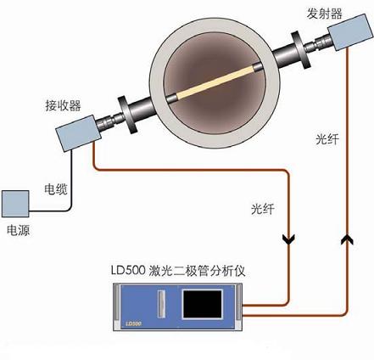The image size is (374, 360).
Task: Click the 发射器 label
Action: [x=324, y=14]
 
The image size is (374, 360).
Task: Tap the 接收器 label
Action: [x=64, y=105]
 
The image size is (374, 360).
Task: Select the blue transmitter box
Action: [x=350, y=32]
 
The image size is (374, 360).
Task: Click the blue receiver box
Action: [x=78, y=132]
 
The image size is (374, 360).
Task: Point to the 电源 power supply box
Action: [x=15, y=204]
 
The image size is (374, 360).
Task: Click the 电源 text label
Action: [x=19, y=230]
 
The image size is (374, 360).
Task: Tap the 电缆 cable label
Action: [x=56, y=188]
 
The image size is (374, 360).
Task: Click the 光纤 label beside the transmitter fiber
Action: [x=327, y=139]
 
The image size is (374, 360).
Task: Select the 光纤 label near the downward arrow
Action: [x=263, y=209]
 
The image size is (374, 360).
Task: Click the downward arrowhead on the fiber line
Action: [x=289, y=239]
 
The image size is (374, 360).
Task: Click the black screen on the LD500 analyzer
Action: [x=203, y=304]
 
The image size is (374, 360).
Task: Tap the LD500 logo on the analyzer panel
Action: [x=133, y=323]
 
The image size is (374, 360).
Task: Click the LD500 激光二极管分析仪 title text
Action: [x=178, y=271]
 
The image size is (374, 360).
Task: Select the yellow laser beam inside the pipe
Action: [x=215, y=82]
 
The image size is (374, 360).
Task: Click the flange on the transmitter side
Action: [x=299, y=50]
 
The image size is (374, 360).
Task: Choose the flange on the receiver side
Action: [x=128, y=115]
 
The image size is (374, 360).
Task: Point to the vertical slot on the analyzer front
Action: [x=161, y=305]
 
